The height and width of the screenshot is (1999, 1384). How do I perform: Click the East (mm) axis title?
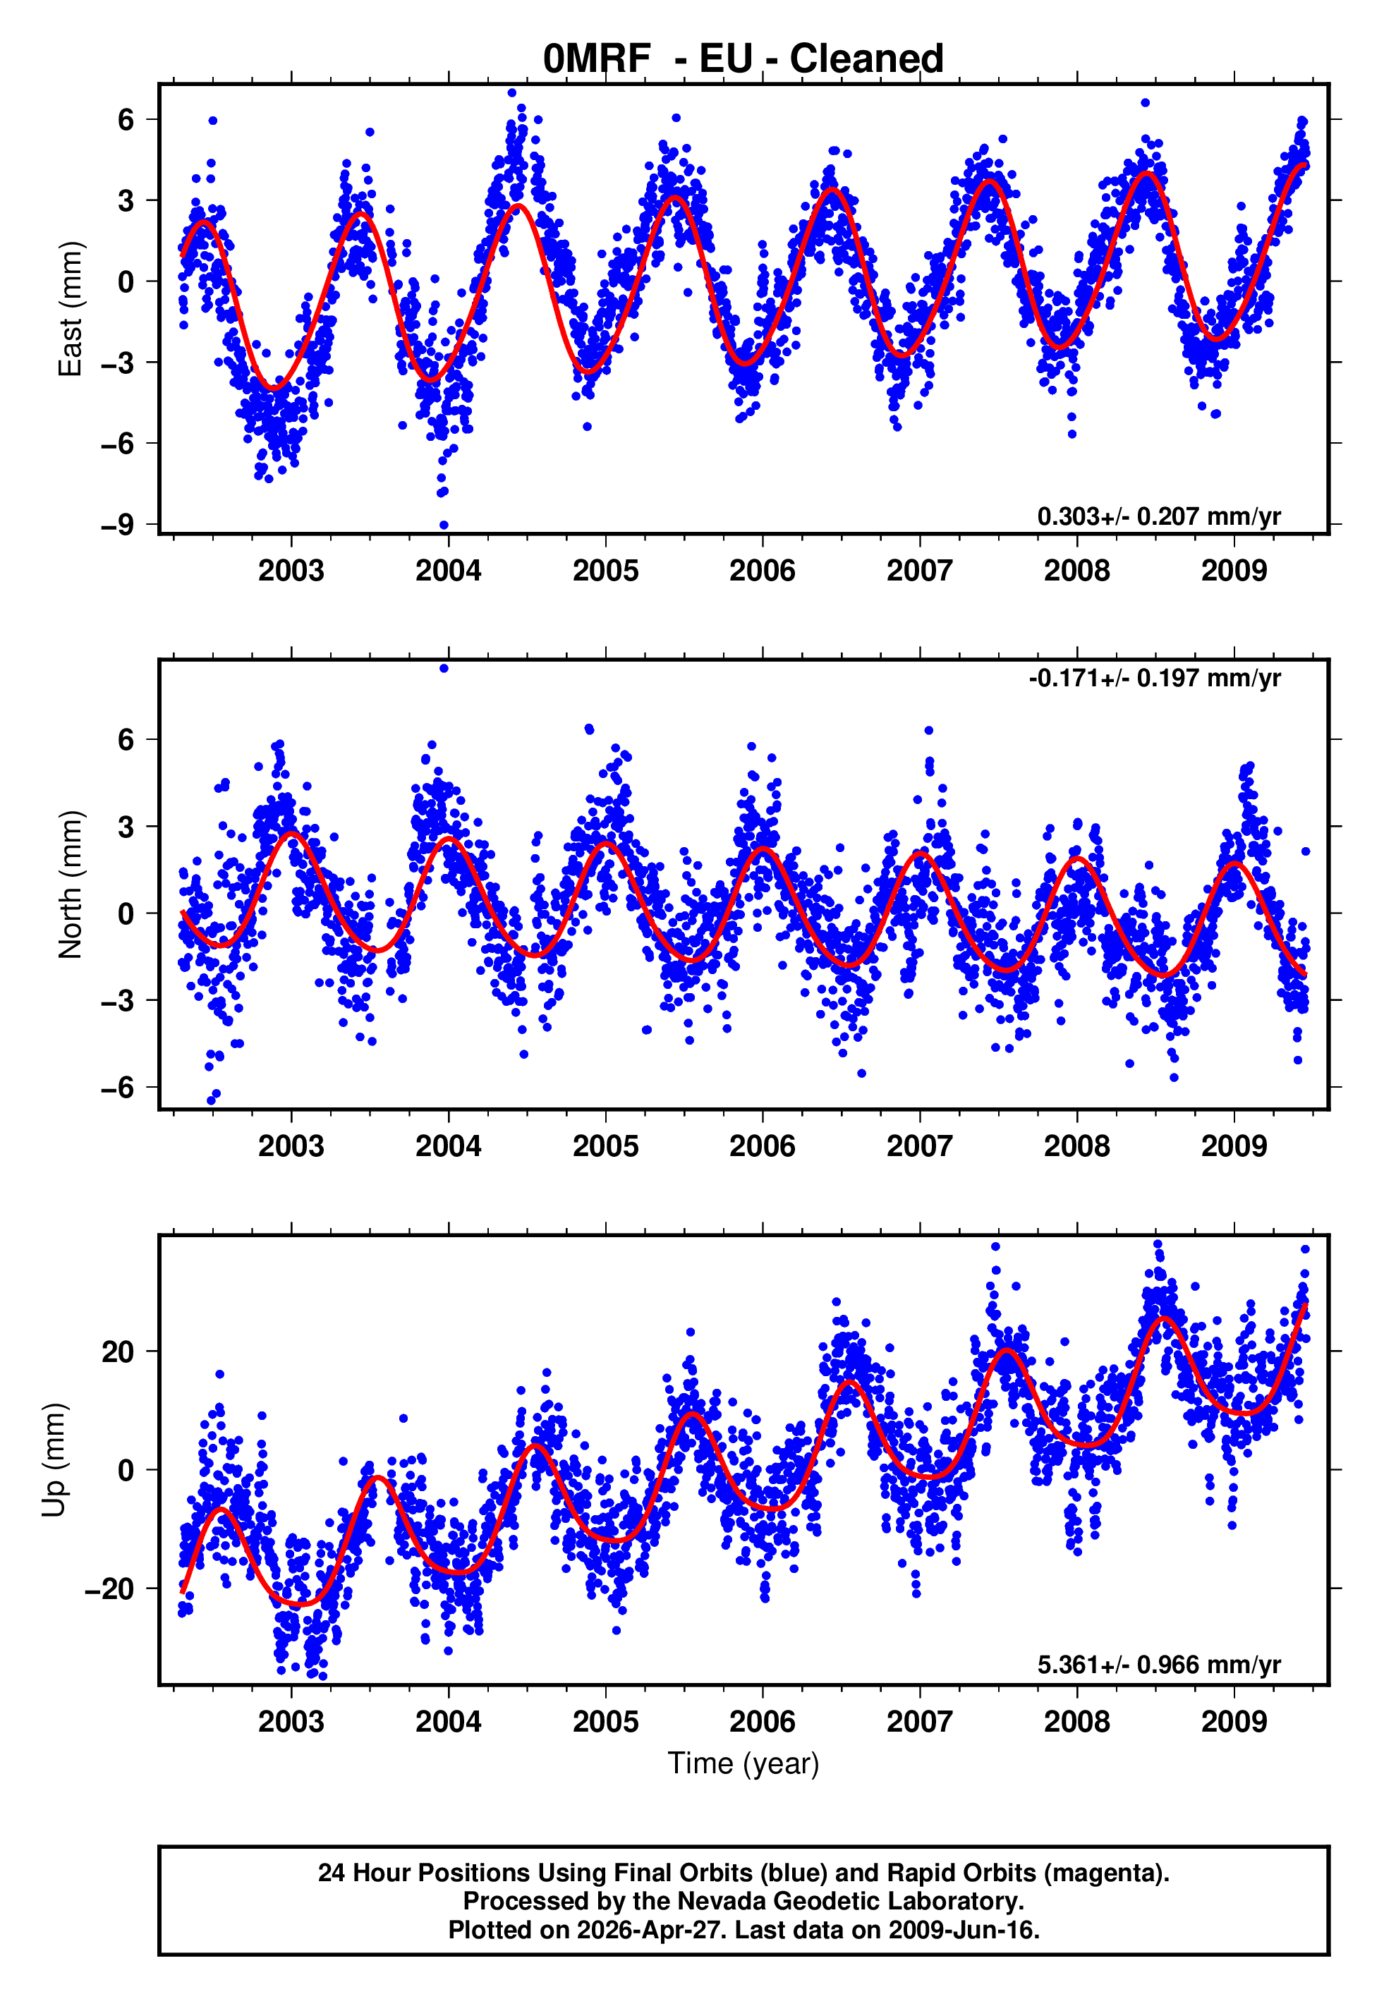tap(71, 309)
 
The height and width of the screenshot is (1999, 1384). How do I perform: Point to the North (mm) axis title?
tap(71, 885)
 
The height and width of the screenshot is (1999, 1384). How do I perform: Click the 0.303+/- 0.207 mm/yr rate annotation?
tap(1158, 516)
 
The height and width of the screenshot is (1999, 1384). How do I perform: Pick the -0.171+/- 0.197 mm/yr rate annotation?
tap(1154, 678)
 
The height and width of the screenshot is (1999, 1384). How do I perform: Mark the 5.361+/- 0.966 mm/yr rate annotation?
tap(1158, 1665)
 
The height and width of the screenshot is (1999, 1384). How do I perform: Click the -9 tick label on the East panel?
tap(118, 525)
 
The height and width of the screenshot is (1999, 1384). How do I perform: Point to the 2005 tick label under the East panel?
tap(605, 571)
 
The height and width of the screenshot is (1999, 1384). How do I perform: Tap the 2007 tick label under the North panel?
tap(919, 1146)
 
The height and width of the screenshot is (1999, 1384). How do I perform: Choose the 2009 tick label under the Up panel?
tap(1233, 1721)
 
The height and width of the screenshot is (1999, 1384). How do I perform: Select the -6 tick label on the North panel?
tap(118, 1087)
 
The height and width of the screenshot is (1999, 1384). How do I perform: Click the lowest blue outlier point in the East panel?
tap(444, 525)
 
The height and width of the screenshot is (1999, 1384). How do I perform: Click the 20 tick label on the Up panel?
tap(118, 1351)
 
